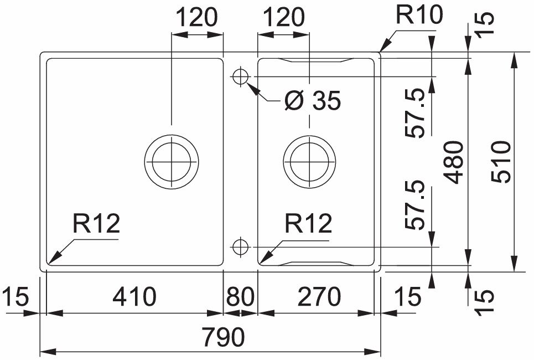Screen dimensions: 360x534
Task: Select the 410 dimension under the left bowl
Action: (134, 297)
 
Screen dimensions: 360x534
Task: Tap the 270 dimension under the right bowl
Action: (318, 297)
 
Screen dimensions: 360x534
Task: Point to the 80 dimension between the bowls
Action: (240, 297)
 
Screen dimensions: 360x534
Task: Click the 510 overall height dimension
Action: (501, 162)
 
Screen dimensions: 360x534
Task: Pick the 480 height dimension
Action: (455, 162)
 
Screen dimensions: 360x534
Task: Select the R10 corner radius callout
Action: (419, 16)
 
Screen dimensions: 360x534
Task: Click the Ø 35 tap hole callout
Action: (312, 101)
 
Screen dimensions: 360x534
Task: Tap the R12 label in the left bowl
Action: (95, 224)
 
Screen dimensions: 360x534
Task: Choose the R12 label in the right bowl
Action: (308, 224)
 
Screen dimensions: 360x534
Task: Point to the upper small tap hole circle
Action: (241, 76)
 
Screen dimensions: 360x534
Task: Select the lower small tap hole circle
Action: (241, 246)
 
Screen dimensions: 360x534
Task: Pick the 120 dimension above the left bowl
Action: (197, 18)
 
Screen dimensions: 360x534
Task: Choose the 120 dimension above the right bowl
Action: (283, 18)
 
